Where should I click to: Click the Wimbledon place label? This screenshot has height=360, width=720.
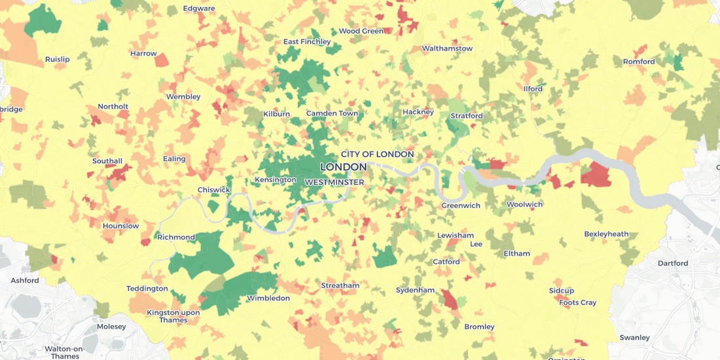(x=268, y=298)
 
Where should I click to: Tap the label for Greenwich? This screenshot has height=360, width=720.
(x=461, y=206)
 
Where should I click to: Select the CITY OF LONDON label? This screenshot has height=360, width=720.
(x=377, y=154)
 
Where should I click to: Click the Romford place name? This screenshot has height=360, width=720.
(x=639, y=62)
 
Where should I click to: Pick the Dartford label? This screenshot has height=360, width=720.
(x=673, y=264)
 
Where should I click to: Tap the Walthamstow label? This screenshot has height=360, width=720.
(x=447, y=48)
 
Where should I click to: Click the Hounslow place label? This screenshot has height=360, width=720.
(x=120, y=226)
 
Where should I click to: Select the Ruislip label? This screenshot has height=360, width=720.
(x=57, y=60)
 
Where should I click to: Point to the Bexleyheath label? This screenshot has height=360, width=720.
(x=606, y=234)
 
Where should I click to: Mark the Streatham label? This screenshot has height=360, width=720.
(x=340, y=285)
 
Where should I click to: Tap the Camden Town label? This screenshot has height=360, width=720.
(x=332, y=113)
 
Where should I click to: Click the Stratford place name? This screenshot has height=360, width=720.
(x=467, y=116)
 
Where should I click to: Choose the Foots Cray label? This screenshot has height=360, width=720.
(x=577, y=302)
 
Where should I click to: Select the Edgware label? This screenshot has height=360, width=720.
(x=199, y=9)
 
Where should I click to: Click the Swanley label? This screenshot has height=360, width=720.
(x=634, y=338)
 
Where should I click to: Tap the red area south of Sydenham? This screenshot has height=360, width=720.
(x=450, y=299)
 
